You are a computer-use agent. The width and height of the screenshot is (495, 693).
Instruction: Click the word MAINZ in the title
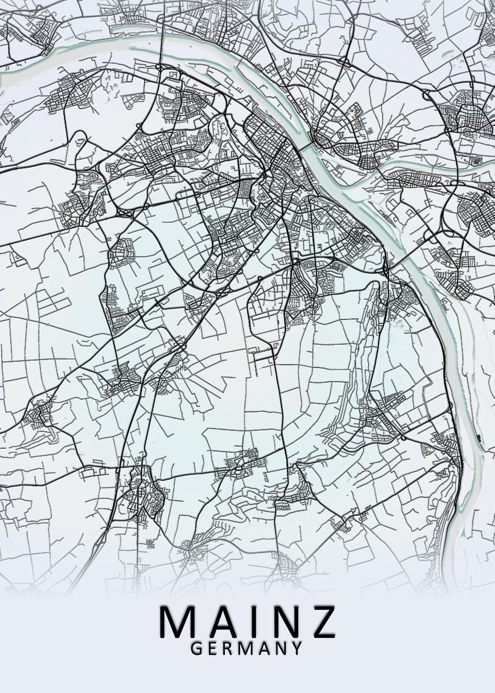(x=247, y=621)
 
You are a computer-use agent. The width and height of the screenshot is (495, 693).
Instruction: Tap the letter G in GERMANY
(x=196, y=649)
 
